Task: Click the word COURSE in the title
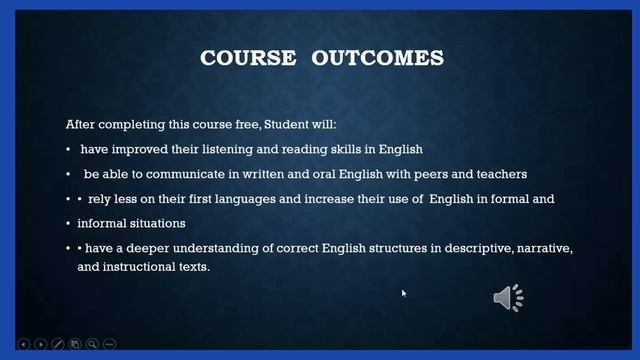click(x=248, y=58)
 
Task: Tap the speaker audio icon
click(x=508, y=297)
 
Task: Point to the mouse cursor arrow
click(x=404, y=293)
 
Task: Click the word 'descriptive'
click(x=431, y=247)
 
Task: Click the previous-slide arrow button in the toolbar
click(x=22, y=345)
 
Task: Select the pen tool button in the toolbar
click(x=57, y=345)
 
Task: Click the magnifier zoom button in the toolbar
click(x=91, y=345)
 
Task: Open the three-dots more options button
click(x=108, y=345)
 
